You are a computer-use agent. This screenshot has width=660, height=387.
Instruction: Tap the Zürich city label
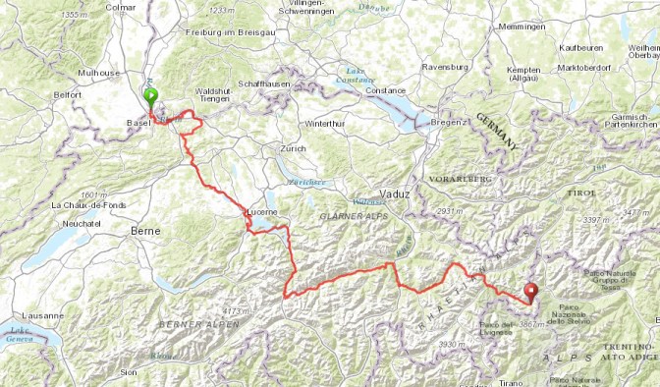293,148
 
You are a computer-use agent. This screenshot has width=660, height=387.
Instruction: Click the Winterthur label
326,124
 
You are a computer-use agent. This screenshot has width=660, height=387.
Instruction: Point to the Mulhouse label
99,73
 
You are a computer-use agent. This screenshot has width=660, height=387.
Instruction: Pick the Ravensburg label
446,67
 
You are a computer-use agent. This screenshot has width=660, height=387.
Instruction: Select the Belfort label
67,94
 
